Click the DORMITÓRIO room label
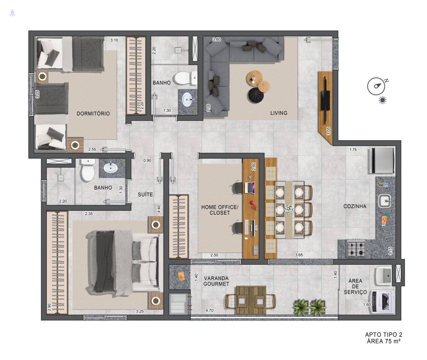tap(93, 113)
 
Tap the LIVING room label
tap(279, 113)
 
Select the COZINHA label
tap(355, 206)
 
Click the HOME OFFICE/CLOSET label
tap(220, 210)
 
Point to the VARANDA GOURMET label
tap(216, 281)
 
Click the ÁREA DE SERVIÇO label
tap(355, 286)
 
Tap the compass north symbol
tap(376, 86)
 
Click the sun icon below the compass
tap(383, 100)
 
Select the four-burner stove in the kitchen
tap(356, 249)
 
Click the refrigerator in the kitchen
tap(381, 160)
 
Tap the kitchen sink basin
tap(385, 201)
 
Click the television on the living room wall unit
tap(325, 101)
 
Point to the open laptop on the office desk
tap(250, 188)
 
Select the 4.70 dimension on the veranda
tap(210, 310)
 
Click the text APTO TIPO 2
tap(384, 335)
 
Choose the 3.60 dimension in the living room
tap(217, 39)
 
